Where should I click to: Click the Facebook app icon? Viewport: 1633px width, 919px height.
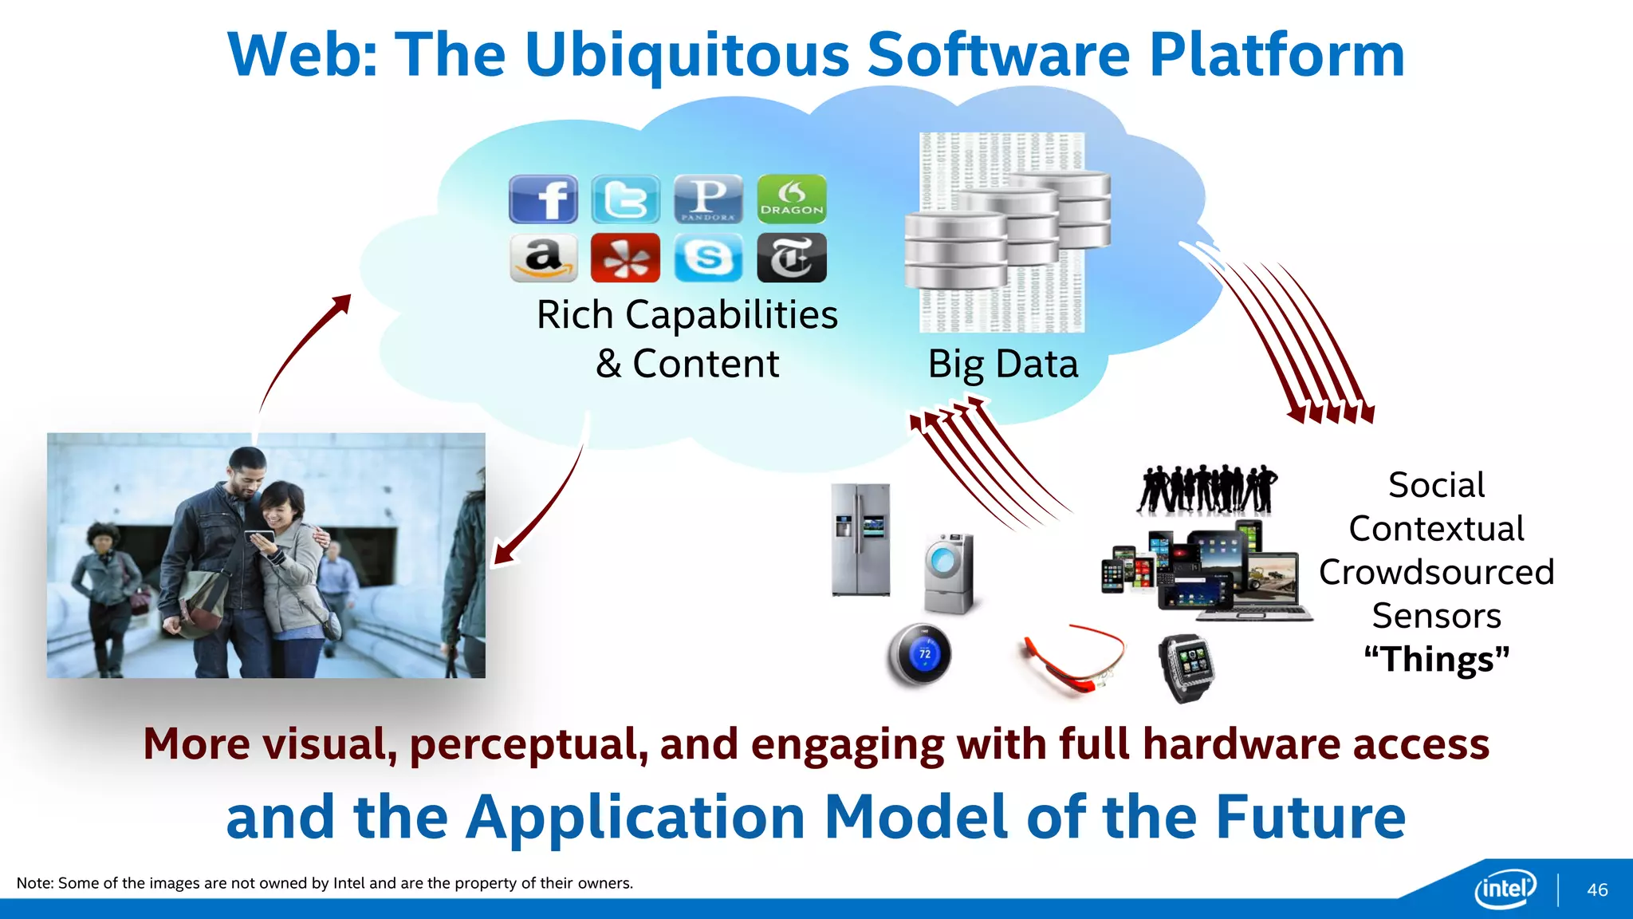(543, 199)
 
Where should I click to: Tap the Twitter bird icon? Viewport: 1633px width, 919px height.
(626, 199)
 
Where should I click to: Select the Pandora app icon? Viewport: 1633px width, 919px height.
(708, 199)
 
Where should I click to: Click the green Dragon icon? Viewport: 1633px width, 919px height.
(791, 199)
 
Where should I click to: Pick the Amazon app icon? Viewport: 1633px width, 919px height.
(543, 258)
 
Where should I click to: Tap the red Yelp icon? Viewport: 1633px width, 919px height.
(626, 258)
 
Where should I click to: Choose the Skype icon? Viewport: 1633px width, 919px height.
(708, 258)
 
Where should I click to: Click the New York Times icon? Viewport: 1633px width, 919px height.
(791, 258)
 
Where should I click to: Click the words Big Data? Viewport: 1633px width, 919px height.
(1003, 365)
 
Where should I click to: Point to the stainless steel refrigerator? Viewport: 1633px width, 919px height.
(860, 540)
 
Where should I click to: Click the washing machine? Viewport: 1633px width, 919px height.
(949, 573)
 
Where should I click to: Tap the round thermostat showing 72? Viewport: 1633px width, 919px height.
(919, 655)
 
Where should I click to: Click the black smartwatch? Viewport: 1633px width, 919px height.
(1186, 667)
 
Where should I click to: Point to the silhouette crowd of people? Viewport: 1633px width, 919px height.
(1206, 488)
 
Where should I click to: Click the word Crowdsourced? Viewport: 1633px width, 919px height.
(1436, 573)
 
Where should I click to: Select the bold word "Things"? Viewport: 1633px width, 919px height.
(1436, 660)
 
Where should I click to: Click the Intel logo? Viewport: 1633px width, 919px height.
(1505, 888)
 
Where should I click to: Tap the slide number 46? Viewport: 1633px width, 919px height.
(1597, 890)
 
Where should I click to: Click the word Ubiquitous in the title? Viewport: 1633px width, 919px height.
(687, 55)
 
